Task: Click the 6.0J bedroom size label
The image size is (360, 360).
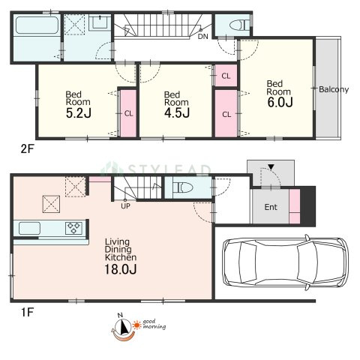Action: (280, 102)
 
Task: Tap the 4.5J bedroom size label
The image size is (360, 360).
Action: (177, 112)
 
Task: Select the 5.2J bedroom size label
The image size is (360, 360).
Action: (79, 112)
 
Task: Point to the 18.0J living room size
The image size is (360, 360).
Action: (121, 269)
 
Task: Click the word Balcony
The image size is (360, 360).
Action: (334, 89)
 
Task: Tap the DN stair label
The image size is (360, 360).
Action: (202, 37)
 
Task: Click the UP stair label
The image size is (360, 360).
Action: (125, 206)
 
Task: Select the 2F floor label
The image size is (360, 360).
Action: (27, 149)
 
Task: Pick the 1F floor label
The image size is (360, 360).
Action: (27, 312)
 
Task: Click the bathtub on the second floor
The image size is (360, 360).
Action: (37, 25)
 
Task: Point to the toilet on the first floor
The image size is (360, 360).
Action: (183, 187)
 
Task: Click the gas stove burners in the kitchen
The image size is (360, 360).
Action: (73, 228)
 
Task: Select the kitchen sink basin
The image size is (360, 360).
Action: (29, 228)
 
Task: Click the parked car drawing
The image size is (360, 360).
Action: (285, 262)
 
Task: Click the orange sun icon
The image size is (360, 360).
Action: (137, 325)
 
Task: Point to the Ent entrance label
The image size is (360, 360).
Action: (271, 207)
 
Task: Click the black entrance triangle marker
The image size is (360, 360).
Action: (271, 166)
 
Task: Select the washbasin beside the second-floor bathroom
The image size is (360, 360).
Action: (100, 22)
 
